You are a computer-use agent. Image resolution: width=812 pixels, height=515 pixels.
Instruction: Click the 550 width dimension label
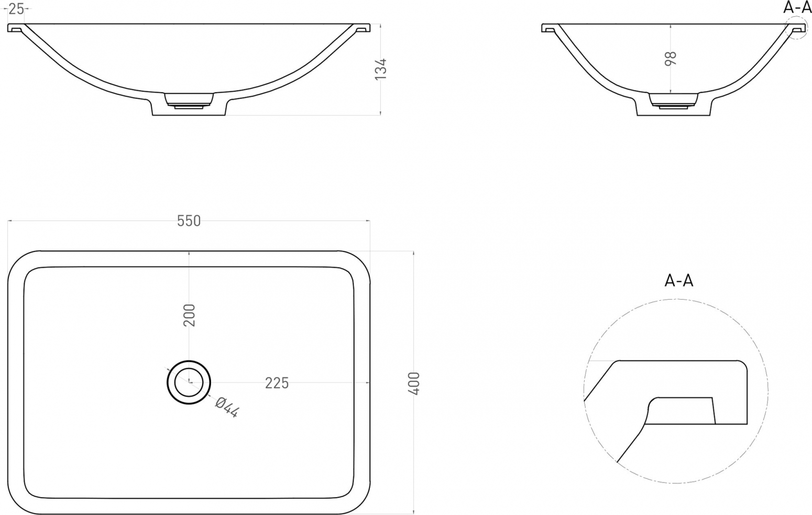coord(189,221)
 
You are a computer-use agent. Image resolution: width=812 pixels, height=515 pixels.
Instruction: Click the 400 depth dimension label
coord(414,383)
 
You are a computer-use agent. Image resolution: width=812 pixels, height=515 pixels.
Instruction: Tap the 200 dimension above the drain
coord(189,315)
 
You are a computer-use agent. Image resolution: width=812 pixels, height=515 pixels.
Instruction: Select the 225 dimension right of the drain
coord(277,383)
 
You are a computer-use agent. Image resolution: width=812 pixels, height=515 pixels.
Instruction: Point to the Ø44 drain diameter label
coord(227,408)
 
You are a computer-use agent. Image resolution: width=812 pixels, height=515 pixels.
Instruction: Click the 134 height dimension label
coord(381,69)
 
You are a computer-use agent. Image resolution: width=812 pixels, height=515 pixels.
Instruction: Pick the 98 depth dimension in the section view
coord(670,58)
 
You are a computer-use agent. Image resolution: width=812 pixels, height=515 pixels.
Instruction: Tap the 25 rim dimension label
coord(16,9)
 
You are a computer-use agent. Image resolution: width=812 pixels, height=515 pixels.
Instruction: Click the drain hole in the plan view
coord(189,382)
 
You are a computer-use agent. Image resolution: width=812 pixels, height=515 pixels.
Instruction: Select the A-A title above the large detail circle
coord(678,281)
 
